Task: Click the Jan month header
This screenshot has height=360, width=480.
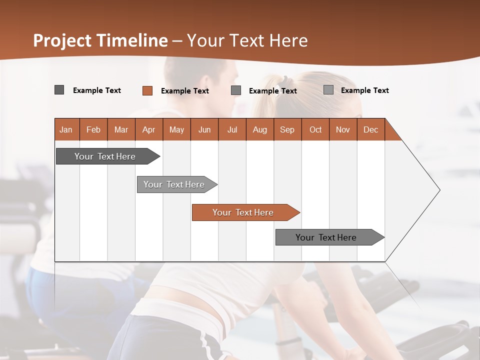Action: [66, 129]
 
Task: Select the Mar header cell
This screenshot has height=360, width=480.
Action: [121, 129]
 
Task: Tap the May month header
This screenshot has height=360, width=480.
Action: [176, 129]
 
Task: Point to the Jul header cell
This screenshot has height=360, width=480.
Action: [232, 129]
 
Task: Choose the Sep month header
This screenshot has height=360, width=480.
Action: [287, 129]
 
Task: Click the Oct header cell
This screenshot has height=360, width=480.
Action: [315, 129]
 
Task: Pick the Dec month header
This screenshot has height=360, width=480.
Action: [370, 129]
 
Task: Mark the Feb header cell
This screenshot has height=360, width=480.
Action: [93, 129]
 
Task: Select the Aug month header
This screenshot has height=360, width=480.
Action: [259, 129]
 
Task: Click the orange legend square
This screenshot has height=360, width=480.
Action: [147, 90]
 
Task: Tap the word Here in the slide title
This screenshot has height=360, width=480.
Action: [288, 40]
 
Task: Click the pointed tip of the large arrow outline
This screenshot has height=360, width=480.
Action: [438, 190]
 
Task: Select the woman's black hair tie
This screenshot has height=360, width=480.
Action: [283, 80]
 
